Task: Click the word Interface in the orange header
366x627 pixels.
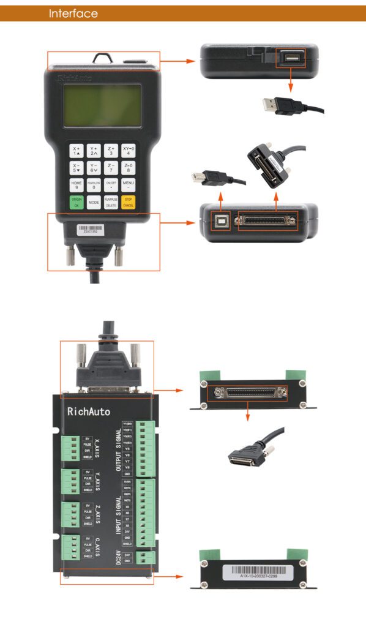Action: (73, 13)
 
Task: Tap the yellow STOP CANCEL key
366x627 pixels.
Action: (128, 202)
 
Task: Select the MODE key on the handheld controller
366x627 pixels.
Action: (94, 202)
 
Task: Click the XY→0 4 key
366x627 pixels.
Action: (128, 151)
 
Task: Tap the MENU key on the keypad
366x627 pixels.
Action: (128, 185)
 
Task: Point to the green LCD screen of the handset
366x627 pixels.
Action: (102, 106)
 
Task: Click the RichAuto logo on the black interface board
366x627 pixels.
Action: (89, 411)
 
